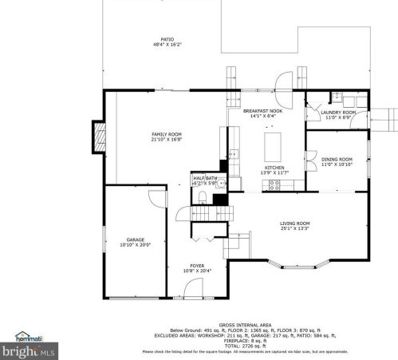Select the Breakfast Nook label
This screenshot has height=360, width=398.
coord(263,113)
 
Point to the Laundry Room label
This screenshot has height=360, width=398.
coord(337,114)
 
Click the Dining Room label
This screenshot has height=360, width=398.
coord(337,161)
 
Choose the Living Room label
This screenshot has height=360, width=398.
coord(294,225)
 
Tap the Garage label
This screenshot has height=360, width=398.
coord(136,242)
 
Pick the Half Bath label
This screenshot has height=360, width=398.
coord(204,180)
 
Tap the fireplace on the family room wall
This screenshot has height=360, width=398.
coord(99,136)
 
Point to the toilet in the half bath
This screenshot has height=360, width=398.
coord(203,196)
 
